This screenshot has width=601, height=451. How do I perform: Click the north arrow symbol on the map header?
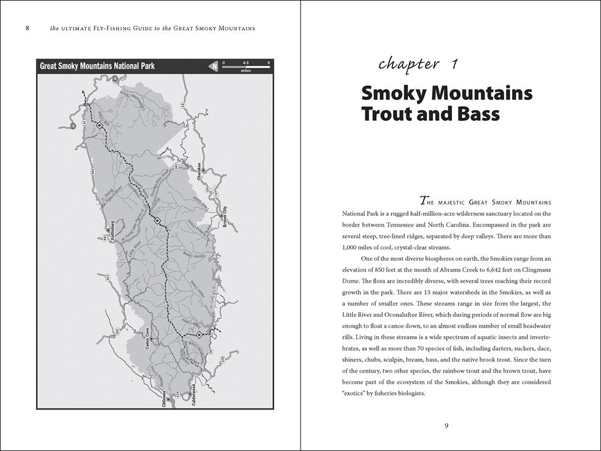(213, 66)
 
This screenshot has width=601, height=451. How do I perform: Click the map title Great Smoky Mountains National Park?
(97, 66)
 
